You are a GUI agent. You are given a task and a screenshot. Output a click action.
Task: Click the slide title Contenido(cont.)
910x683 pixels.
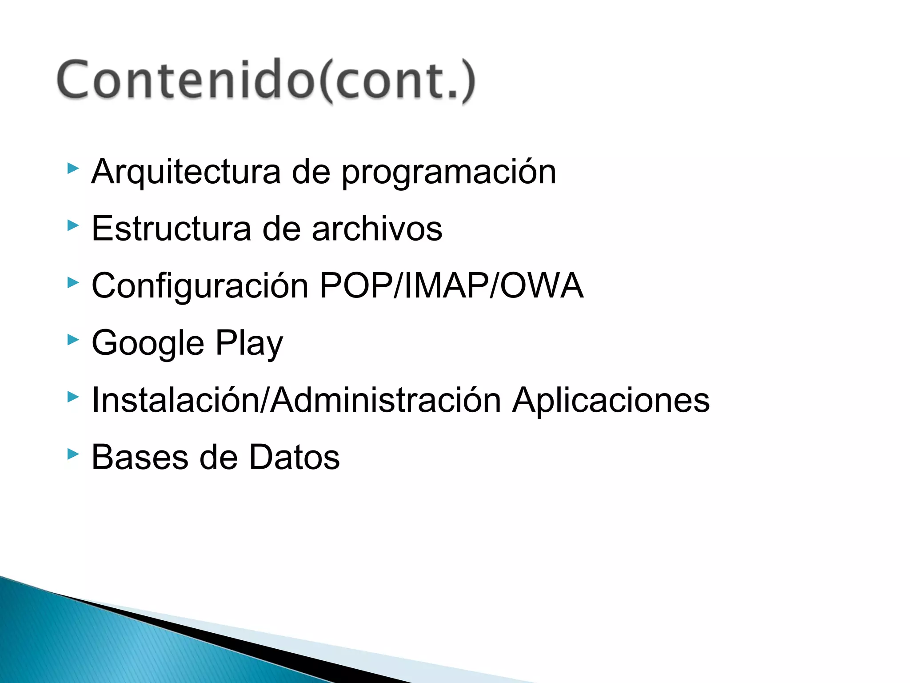[x=266, y=80]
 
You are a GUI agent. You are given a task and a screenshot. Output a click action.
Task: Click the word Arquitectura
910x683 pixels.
[x=186, y=172]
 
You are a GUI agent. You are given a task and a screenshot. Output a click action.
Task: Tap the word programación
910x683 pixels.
[x=448, y=173]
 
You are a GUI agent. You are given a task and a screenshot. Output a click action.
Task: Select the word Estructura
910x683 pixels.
[x=171, y=229]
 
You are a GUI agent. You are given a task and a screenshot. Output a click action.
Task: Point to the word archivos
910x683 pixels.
[x=377, y=229]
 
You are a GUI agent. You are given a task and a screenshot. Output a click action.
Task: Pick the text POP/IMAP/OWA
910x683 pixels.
[x=451, y=285]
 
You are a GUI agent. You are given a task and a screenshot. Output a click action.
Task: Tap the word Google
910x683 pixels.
[x=148, y=344]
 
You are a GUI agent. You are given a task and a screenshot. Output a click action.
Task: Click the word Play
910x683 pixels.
[x=249, y=344]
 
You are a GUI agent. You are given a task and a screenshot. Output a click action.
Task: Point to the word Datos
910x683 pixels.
[x=294, y=458]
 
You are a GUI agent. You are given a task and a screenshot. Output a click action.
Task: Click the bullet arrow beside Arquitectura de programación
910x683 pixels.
[x=73, y=169]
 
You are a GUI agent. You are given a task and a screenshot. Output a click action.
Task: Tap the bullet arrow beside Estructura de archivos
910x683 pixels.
[x=73, y=225]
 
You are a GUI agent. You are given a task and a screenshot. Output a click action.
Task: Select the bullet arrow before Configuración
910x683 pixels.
[x=73, y=282]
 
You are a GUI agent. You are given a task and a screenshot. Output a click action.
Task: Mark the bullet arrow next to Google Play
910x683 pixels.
[x=73, y=340]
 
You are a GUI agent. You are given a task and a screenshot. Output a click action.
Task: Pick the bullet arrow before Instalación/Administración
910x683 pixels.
[x=73, y=397]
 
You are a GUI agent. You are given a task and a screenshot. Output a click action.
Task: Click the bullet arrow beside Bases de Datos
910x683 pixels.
[x=73, y=454]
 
